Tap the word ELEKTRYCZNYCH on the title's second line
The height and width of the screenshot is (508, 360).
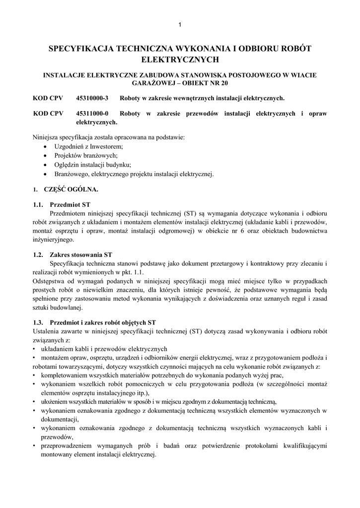(x=180, y=60)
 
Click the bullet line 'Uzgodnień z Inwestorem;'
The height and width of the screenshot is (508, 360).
(x=88, y=146)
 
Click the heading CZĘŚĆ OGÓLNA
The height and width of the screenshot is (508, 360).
(x=71, y=190)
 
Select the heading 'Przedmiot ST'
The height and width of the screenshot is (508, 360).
(x=70, y=204)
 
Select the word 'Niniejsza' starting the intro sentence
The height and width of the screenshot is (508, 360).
(x=45, y=137)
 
